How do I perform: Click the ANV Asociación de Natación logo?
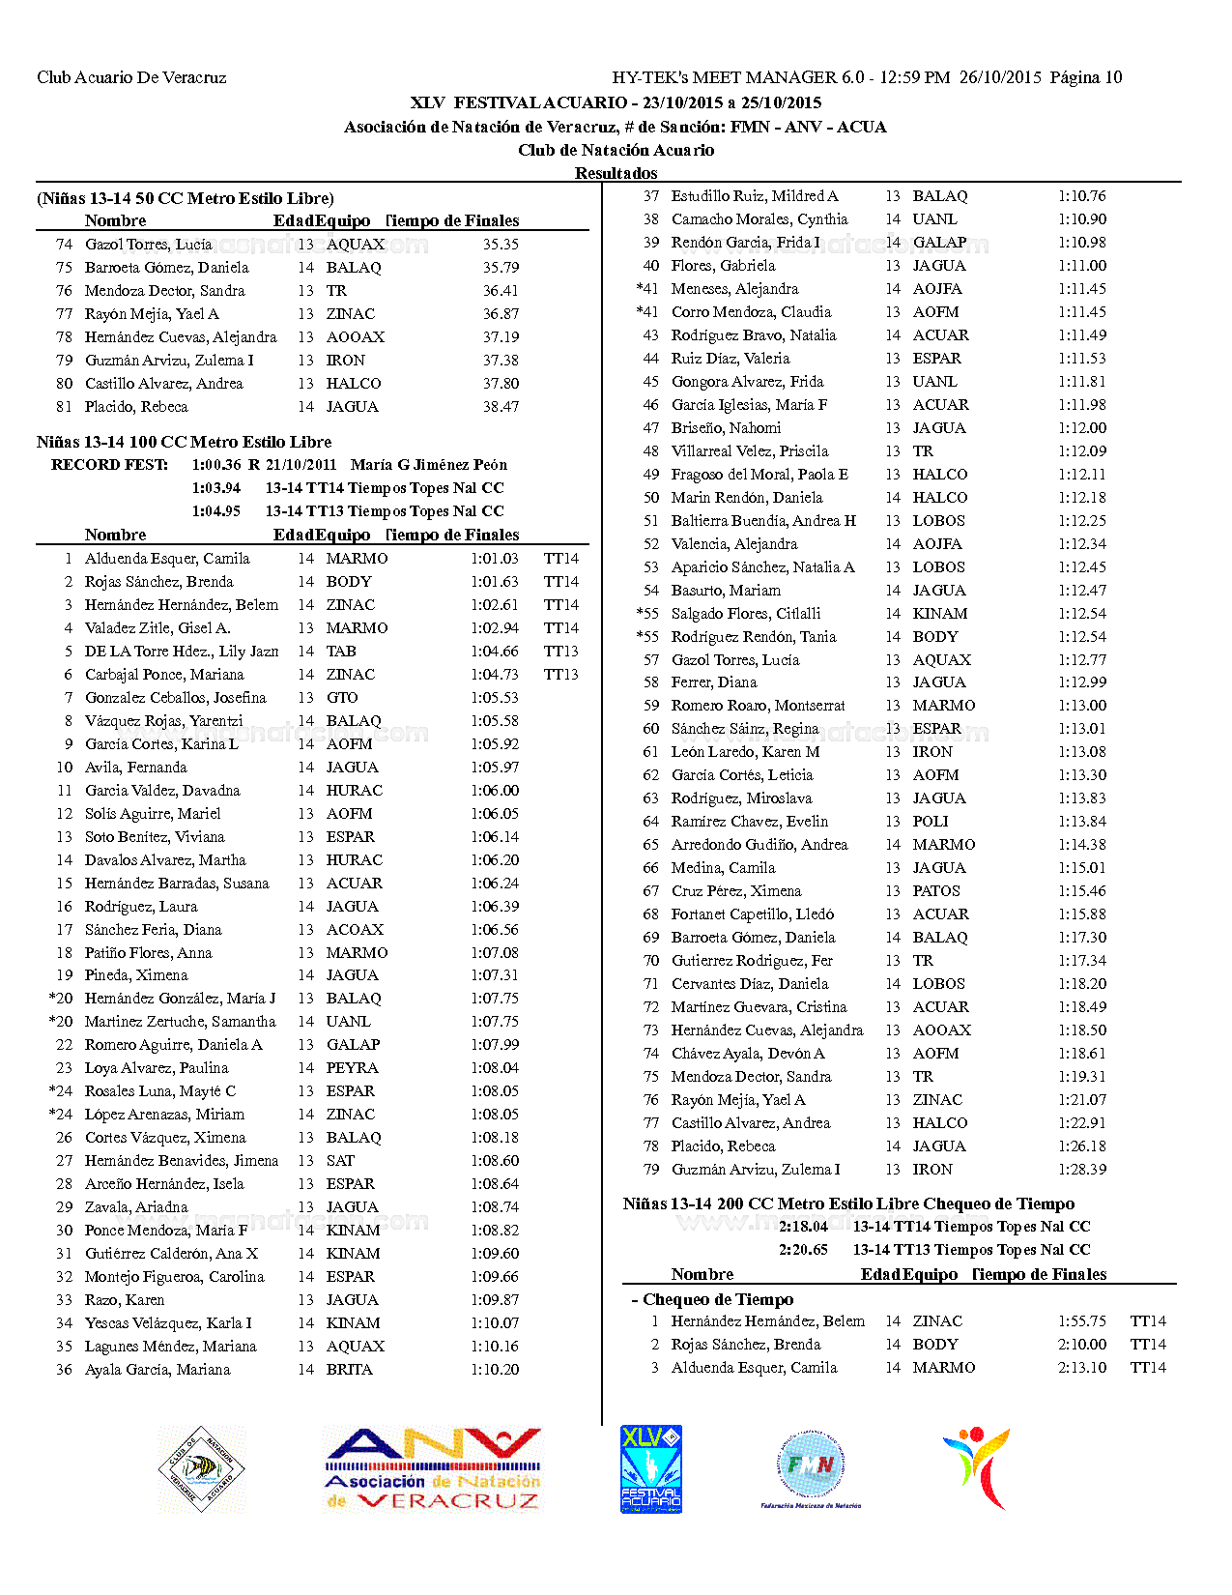(x=433, y=1469)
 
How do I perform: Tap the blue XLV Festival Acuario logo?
(x=650, y=1469)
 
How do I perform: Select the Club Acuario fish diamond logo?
(x=202, y=1469)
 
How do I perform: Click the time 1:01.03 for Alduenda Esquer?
(x=495, y=559)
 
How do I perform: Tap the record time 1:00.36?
(x=216, y=465)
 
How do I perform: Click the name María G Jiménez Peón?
(x=429, y=465)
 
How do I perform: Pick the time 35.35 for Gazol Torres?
(x=501, y=245)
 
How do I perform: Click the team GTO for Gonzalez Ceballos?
(x=342, y=698)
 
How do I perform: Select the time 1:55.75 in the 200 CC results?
(x=1082, y=1321)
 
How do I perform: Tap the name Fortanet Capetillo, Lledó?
(x=753, y=914)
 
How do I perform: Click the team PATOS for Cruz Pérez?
(x=936, y=891)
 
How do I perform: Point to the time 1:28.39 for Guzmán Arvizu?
(x=1082, y=1170)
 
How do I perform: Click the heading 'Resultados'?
(x=616, y=173)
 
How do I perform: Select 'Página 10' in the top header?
(x=1086, y=77)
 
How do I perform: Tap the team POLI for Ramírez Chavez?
(x=931, y=822)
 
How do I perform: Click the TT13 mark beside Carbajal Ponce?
(x=561, y=675)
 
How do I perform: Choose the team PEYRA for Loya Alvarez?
(x=352, y=1068)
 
